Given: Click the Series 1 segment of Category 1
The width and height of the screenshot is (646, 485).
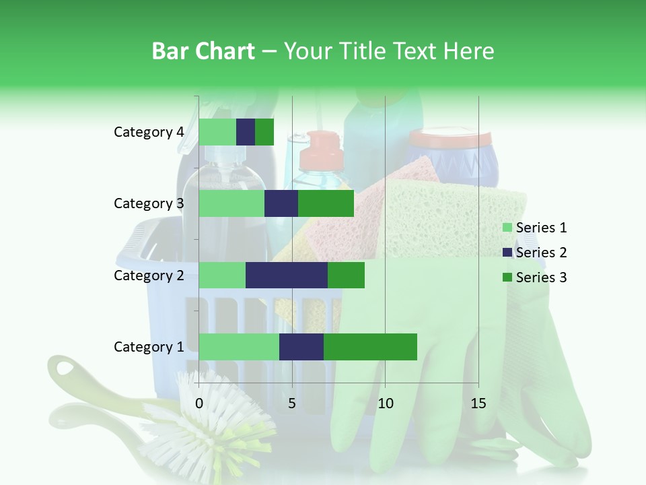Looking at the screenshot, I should click(239, 346).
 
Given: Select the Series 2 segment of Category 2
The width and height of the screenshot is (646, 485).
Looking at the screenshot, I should click(287, 275).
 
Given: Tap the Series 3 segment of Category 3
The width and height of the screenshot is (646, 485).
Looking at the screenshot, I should click(326, 203).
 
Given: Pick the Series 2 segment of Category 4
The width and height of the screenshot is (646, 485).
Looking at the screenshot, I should click(246, 132).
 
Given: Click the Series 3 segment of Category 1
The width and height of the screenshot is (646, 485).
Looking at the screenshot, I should click(370, 346).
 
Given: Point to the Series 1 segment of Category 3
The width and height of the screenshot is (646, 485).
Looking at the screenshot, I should click(231, 203).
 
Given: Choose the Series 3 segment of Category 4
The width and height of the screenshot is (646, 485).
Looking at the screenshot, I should click(264, 132).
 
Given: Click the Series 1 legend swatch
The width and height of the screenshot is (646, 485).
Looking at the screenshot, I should click(507, 228).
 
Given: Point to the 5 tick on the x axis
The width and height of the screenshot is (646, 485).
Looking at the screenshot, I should click(292, 403).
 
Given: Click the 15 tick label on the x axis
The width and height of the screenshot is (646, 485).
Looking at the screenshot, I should click(478, 403).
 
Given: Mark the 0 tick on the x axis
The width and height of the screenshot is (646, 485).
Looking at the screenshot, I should click(199, 403).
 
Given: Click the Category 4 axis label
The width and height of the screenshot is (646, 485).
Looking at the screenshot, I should click(149, 132).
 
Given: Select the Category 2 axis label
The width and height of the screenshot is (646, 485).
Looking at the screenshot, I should click(149, 275).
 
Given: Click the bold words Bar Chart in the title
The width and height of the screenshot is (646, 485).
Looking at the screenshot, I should click(203, 51).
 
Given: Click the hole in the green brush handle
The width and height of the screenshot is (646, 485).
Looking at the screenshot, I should click(65, 368).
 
